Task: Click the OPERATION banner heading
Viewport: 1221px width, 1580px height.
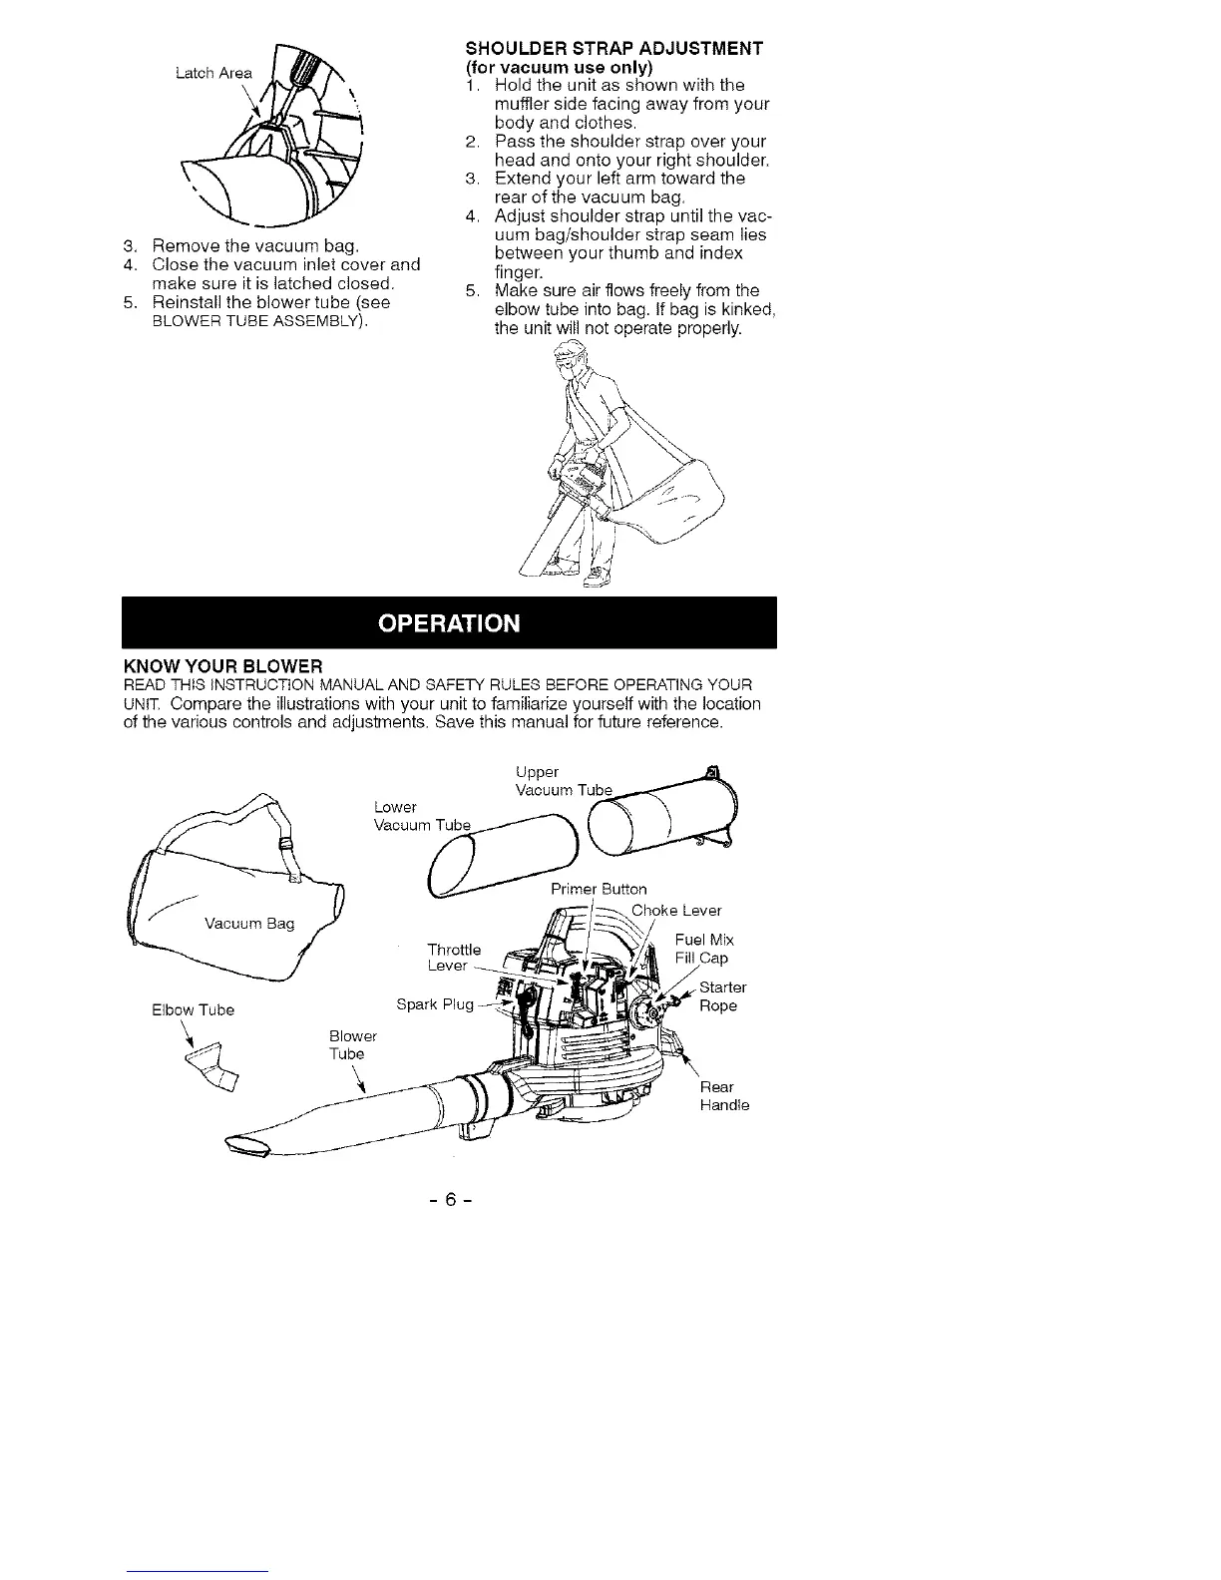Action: click(449, 623)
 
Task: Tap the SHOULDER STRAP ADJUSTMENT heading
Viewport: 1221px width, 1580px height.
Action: click(614, 49)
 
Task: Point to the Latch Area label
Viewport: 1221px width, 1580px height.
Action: click(213, 73)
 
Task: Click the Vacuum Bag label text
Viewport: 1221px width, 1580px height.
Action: click(249, 924)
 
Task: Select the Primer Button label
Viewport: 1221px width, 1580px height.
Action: click(599, 889)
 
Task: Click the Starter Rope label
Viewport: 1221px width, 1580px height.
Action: click(718, 996)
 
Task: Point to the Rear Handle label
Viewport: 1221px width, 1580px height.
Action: click(724, 1096)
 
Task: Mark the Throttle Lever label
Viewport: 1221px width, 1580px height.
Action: click(453, 958)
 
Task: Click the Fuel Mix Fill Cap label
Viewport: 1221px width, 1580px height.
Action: click(704, 949)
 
